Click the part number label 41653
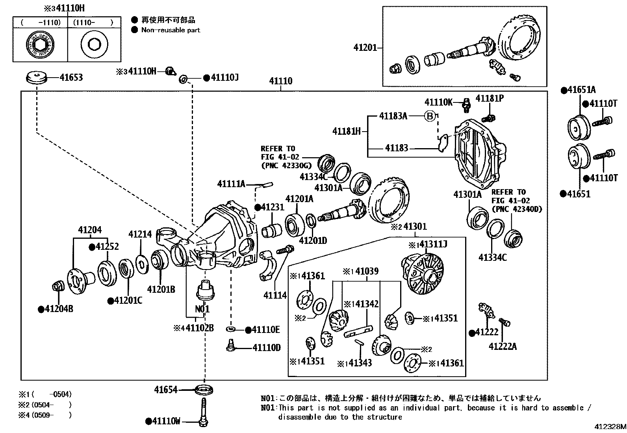pos(71,77)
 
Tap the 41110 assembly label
pos(280,81)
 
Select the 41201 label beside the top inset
pos(365,48)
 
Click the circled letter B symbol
pos(430,116)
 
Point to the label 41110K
pos(438,102)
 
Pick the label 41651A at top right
pos(581,90)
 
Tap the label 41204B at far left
pos(59,309)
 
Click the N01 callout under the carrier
pos(202,308)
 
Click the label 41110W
pos(166,422)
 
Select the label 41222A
pos(502,346)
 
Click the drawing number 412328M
pos(610,427)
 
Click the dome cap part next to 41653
pos(36,77)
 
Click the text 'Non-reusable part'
pos(171,30)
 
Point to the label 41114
pos(275,295)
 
